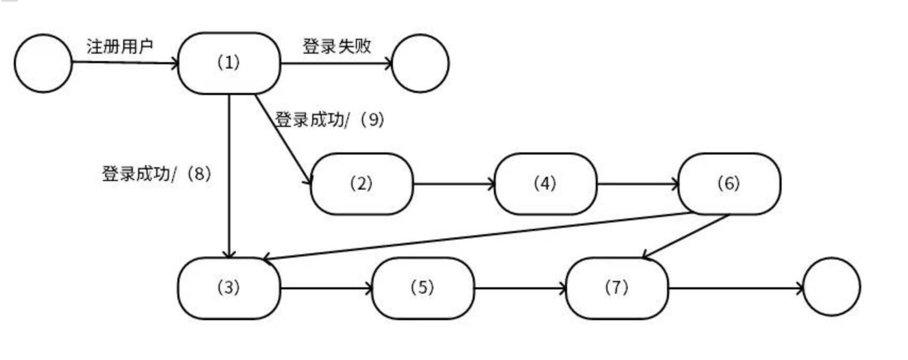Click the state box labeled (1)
point(229,63)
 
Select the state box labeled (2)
point(361,184)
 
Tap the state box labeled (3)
point(229,288)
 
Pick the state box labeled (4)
point(545,184)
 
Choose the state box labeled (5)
point(423,288)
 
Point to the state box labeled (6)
point(729,184)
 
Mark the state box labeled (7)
point(616,288)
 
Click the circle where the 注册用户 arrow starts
point(43,63)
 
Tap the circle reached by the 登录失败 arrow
point(420,63)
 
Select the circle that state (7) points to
point(832,287)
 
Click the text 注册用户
point(120,46)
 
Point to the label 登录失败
point(337,46)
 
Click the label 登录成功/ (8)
point(157,174)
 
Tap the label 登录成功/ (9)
point(329,119)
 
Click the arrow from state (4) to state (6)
point(637,184)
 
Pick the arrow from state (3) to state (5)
point(326,288)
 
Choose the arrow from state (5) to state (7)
point(520,288)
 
